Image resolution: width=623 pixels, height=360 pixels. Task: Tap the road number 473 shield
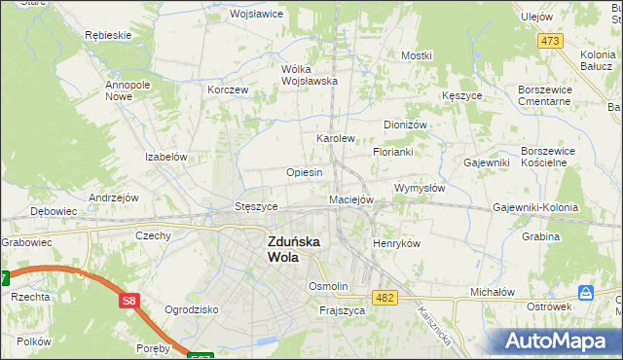click(x=550, y=41)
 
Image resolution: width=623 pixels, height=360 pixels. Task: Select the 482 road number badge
click(x=385, y=297)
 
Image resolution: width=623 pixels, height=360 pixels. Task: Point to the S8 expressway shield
click(x=129, y=302)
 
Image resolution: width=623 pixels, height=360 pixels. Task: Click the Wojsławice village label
click(x=255, y=15)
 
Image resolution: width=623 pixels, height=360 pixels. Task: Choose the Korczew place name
click(x=229, y=90)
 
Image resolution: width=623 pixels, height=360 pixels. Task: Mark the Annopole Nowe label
click(x=126, y=90)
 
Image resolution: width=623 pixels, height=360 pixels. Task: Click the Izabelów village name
click(x=165, y=157)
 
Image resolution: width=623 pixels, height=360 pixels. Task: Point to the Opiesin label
click(x=304, y=172)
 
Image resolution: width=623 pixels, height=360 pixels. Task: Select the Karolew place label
click(x=335, y=139)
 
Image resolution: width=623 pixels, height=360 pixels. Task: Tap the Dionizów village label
click(x=405, y=126)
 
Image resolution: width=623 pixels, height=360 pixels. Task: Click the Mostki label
click(x=416, y=56)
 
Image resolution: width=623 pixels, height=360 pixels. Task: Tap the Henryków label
click(x=396, y=243)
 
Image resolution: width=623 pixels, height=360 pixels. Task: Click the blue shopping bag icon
click(x=585, y=293)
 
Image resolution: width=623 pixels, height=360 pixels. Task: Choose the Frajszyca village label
click(x=342, y=311)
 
